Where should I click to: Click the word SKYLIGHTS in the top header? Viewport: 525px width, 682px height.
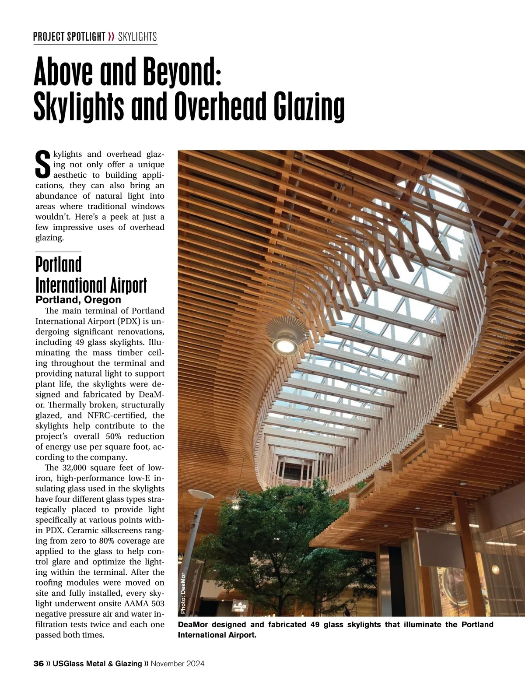tap(137, 37)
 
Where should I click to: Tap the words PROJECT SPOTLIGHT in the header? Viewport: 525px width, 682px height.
tap(69, 37)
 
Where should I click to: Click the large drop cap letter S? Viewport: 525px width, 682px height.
tap(42, 165)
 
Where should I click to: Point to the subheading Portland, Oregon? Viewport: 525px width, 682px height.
tap(78, 300)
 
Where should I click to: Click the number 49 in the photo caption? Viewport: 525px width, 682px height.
tap(315, 625)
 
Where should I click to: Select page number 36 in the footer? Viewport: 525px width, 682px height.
tap(38, 664)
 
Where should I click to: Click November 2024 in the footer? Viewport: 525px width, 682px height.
tap(178, 664)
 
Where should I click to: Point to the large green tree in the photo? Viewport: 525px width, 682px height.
tap(302, 538)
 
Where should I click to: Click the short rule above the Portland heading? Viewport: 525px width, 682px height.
tap(58, 252)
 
